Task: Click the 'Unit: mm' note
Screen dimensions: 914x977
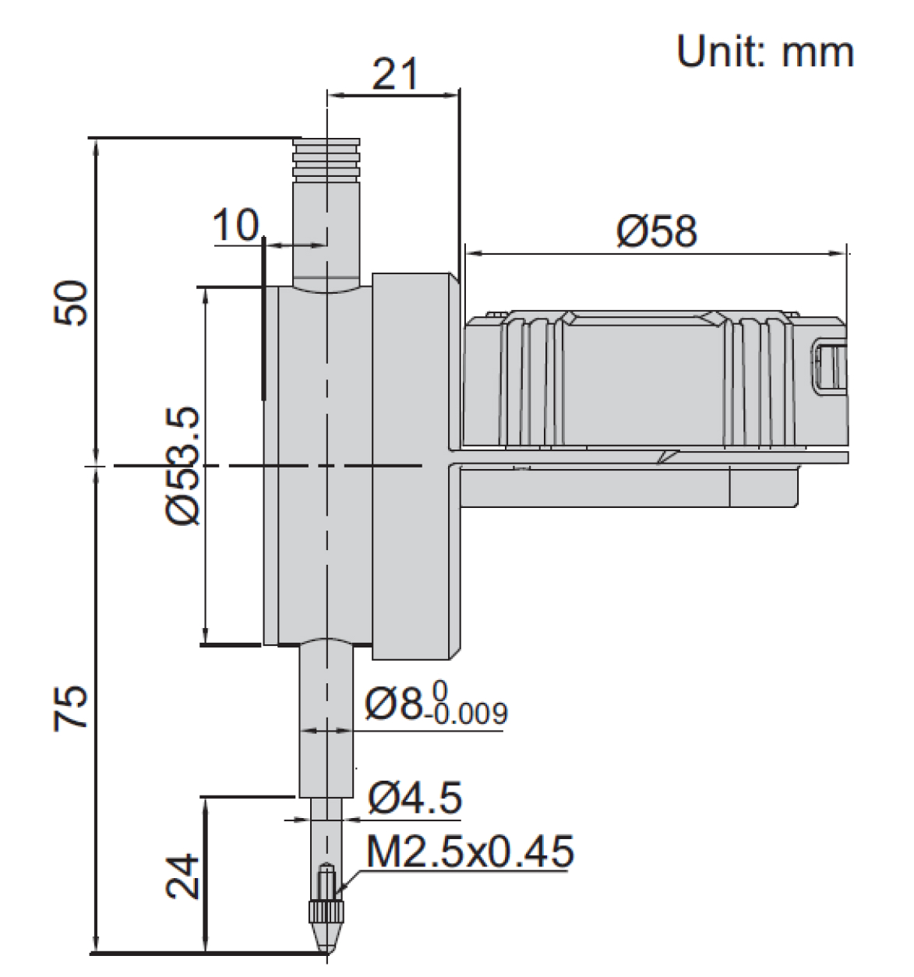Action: point(765,51)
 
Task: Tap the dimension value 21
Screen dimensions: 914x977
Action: point(395,74)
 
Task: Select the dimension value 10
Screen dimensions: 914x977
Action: point(235,225)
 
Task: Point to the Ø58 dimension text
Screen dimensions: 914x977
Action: point(657,231)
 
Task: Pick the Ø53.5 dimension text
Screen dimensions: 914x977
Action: point(183,465)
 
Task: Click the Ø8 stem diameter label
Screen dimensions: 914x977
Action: point(393,704)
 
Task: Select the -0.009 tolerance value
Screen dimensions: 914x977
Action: point(471,714)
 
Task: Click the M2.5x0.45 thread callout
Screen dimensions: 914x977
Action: point(470,852)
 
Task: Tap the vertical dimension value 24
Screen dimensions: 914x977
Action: point(182,876)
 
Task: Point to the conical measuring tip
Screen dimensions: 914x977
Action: point(326,939)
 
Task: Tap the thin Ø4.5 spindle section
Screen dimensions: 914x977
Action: point(326,836)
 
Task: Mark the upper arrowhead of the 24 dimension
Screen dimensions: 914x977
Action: point(206,807)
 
